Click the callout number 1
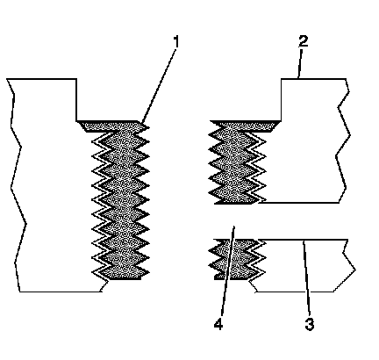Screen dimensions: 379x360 coord(176,41)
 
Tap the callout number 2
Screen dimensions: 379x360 coord(304,41)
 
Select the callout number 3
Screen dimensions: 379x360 coord(310,324)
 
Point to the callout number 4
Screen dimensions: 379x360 coord(218,324)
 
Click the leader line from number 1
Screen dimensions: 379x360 coord(159,86)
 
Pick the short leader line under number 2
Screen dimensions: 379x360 coord(299,64)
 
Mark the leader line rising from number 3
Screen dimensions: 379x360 coord(306,277)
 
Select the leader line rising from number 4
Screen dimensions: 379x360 coord(228,270)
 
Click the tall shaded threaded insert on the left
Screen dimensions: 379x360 coord(120,200)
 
